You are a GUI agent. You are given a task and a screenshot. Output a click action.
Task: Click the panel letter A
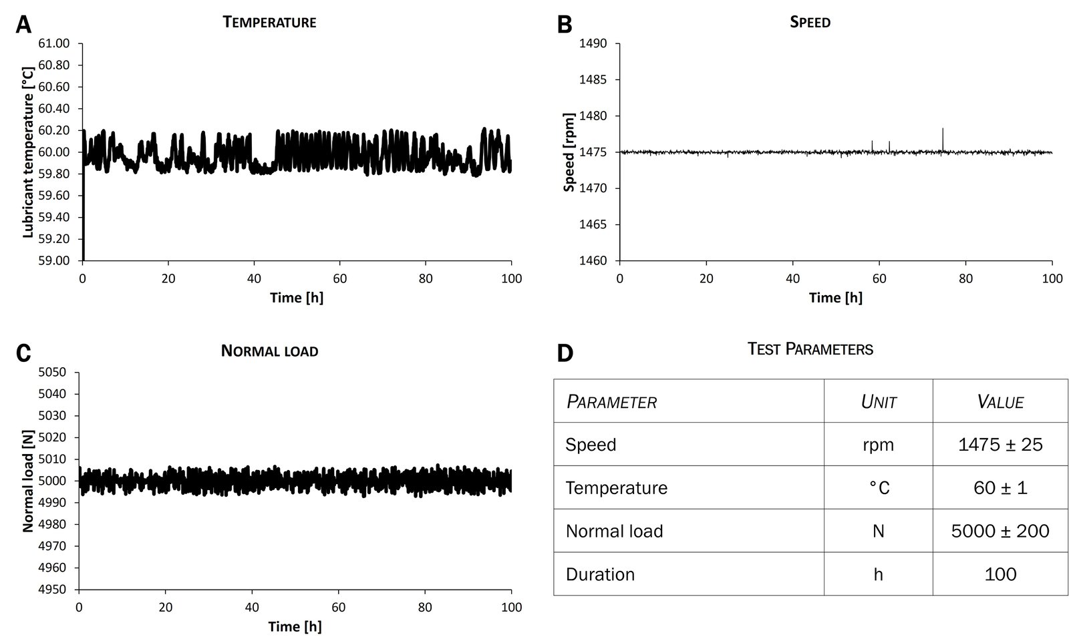coord(23,25)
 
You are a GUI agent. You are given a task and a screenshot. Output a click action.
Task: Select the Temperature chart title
coord(269,22)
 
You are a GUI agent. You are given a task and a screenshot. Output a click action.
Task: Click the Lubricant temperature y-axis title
coord(28,152)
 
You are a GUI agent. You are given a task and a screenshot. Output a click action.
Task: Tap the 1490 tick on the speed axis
coord(594,44)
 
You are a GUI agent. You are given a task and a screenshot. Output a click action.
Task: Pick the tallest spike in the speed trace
coord(943,130)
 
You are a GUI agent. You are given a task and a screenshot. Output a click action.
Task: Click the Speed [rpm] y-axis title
coord(569,152)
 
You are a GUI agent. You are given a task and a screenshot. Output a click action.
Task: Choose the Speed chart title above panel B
coord(810,22)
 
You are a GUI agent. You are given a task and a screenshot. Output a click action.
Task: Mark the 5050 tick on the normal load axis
coord(53,373)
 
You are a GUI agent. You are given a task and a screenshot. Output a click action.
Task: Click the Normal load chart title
coord(269,351)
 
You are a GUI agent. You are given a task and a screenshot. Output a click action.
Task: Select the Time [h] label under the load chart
coord(295,627)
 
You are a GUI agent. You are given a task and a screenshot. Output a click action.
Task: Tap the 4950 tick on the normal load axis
coord(53,590)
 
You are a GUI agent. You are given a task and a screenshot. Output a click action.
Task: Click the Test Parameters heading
coord(810,349)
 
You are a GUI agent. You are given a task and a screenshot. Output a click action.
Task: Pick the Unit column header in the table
coord(878,402)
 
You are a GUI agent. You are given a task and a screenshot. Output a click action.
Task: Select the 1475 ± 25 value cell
coord(1000,445)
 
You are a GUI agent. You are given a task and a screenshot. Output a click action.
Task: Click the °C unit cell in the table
coord(878,488)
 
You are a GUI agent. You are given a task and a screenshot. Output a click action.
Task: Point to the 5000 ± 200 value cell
coord(1000,531)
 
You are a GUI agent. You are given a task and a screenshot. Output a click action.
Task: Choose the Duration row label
coord(600,574)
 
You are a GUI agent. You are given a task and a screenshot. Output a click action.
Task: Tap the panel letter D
coord(565,353)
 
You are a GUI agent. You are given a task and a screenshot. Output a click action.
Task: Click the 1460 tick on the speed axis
coord(594,260)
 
